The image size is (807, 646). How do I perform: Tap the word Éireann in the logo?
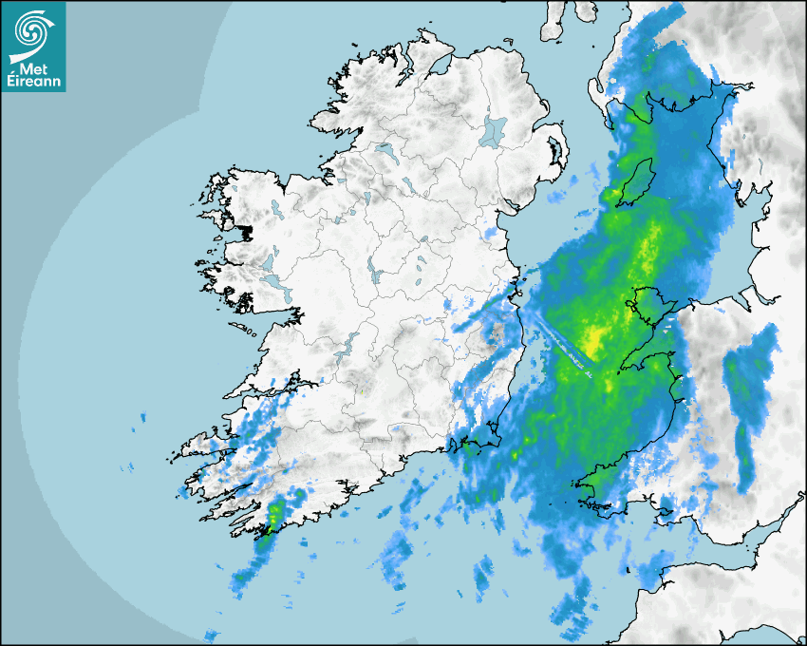coord(32,82)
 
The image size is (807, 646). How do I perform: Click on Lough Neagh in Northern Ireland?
coord(494,130)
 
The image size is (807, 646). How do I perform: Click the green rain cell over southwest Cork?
coord(276,515)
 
